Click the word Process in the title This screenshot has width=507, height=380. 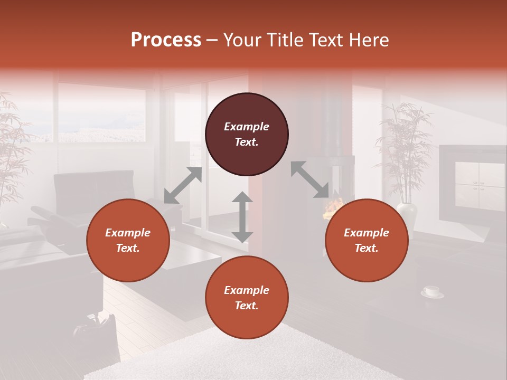point(166,40)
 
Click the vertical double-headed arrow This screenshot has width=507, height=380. point(242,217)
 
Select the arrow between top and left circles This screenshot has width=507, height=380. point(183,185)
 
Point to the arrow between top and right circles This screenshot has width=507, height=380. point(310,180)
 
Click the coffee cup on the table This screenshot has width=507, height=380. point(431,291)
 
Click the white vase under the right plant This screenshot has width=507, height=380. point(407,214)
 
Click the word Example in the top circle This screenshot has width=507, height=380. point(247,127)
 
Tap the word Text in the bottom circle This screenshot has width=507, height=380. point(247,306)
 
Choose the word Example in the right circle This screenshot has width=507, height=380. point(367,233)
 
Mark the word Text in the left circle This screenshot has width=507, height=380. point(128,248)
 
